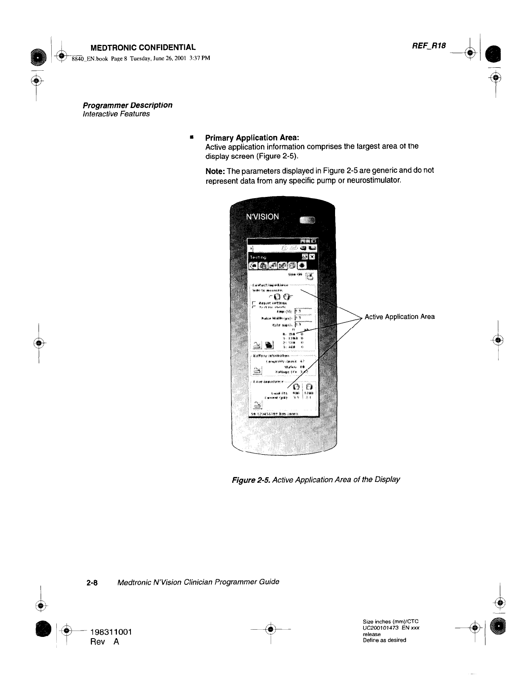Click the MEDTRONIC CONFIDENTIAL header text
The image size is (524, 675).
tap(140, 47)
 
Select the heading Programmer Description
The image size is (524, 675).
tap(128, 105)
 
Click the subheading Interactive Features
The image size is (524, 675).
tap(116, 114)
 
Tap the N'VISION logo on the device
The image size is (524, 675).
tap(263, 216)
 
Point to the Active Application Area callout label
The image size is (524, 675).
tap(399, 317)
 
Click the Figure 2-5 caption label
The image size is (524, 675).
tap(249, 480)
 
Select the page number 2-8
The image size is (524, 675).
tap(92, 582)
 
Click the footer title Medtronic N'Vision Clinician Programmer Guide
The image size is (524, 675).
tap(198, 582)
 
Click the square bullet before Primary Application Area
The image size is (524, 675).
tap(192, 137)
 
